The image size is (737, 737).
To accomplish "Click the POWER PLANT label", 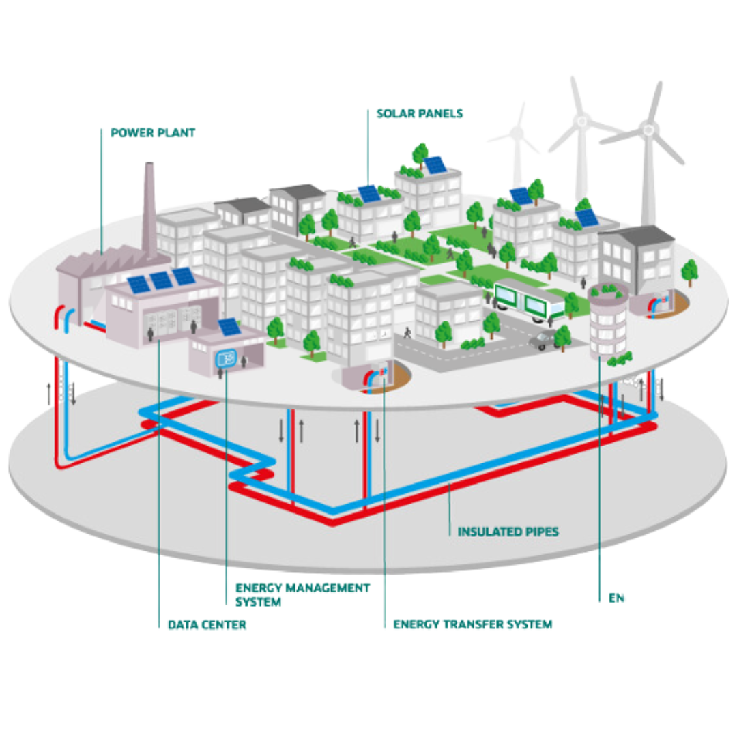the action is pyautogui.click(x=153, y=133).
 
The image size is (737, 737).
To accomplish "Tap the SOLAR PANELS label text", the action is pyautogui.click(x=420, y=113).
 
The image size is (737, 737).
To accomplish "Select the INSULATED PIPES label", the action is pyautogui.click(x=508, y=531).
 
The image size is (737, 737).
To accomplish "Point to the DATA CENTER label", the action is pyautogui.click(x=207, y=624).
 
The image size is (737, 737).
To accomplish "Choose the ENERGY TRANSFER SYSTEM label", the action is pyautogui.click(x=473, y=624).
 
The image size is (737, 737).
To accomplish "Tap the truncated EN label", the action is pyautogui.click(x=617, y=598).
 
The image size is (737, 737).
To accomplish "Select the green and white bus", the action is pyautogui.click(x=529, y=301).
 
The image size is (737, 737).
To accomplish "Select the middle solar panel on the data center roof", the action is pyautogui.click(x=162, y=280).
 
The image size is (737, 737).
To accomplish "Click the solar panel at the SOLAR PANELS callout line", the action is pyautogui.click(x=369, y=194).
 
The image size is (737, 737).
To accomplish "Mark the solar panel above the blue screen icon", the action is pyautogui.click(x=228, y=327).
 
